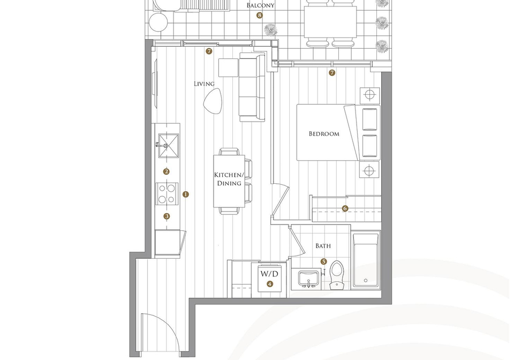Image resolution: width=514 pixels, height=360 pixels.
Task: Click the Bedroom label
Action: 324,134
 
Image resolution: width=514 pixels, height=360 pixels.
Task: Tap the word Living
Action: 204,84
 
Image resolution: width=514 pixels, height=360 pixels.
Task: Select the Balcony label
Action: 260,5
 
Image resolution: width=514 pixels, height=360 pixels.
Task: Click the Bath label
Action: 323,245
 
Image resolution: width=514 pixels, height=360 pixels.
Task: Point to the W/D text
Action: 269,273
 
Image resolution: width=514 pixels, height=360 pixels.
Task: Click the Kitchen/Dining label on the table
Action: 229,179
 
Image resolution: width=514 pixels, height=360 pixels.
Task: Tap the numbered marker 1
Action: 186,194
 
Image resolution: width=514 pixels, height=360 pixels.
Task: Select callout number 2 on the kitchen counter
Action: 167,171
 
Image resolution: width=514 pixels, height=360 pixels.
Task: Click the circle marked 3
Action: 167,216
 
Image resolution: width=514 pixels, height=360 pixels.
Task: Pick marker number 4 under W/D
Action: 269,284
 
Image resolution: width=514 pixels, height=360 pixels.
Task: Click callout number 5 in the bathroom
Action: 323,261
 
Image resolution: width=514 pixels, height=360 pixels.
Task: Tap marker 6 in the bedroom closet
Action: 345,208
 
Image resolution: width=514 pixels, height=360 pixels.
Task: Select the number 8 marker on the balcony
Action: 260,15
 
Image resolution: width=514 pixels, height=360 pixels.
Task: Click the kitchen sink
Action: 169,146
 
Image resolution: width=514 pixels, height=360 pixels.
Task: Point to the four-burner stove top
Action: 167,194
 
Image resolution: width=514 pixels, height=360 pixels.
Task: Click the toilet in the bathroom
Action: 336,275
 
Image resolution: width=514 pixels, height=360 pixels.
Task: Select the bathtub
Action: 366,260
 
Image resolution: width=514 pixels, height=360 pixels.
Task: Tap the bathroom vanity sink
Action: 308,279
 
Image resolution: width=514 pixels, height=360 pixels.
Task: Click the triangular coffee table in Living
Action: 213,101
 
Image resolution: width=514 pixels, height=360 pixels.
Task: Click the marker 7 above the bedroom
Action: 332,73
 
